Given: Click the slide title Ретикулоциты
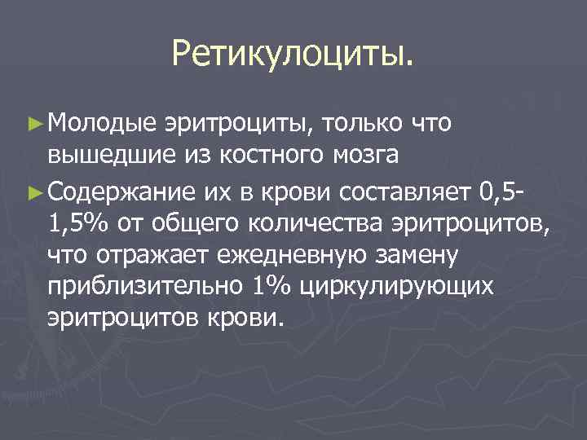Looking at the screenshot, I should [293, 55].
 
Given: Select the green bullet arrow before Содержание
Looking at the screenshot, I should [33, 193].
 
